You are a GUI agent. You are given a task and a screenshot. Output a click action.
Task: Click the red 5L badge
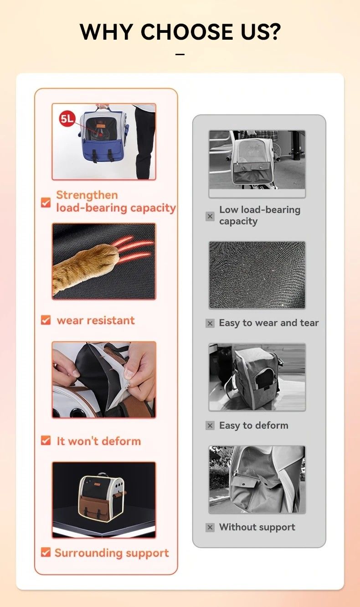67,119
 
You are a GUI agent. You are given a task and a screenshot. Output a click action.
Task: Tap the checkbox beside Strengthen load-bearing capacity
46,202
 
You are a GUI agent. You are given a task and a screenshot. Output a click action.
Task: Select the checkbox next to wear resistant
46,320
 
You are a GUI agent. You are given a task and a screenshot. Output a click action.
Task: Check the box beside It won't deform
46,441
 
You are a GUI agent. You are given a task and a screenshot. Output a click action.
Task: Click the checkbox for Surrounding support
46,552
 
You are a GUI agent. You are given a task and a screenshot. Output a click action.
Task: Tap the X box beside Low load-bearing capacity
210,216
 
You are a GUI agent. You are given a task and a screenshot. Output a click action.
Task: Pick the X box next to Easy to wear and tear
210,323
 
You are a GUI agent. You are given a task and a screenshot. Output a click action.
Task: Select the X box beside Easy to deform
210,425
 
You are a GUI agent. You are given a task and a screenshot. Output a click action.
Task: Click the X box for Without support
210,527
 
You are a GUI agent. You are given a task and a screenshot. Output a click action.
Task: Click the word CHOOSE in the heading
186,31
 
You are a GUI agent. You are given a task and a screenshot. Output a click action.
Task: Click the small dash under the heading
180,54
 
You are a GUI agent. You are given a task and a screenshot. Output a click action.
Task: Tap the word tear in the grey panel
309,323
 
